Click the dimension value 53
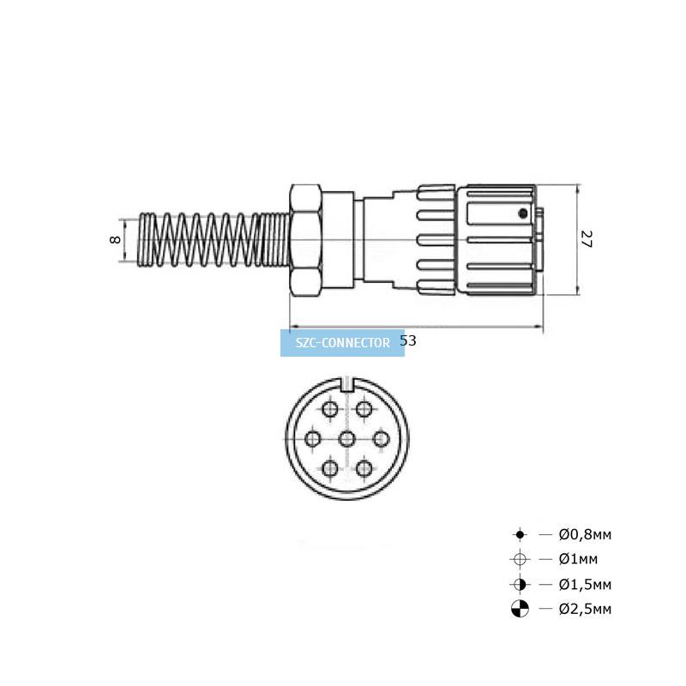tap(408, 340)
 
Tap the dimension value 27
tap(587, 239)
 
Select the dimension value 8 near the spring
tap(115, 240)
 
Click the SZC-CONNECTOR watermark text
tap(342, 342)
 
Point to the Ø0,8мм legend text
tap(585, 534)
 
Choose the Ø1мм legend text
tap(578, 559)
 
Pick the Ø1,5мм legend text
tap(585, 584)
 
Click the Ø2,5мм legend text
tap(585, 609)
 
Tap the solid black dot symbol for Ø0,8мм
tap(520, 534)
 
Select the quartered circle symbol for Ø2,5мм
tap(520, 609)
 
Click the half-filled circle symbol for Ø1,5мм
tap(520, 584)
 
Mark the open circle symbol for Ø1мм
tap(520, 559)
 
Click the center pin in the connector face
tap(347, 439)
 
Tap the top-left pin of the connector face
tap(329, 410)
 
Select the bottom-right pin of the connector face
tap(364, 468)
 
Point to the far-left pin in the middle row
tap(312, 439)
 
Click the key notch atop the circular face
tap(347, 384)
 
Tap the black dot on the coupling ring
tap(522, 214)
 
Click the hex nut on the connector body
tap(306, 240)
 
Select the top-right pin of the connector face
tap(364, 410)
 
